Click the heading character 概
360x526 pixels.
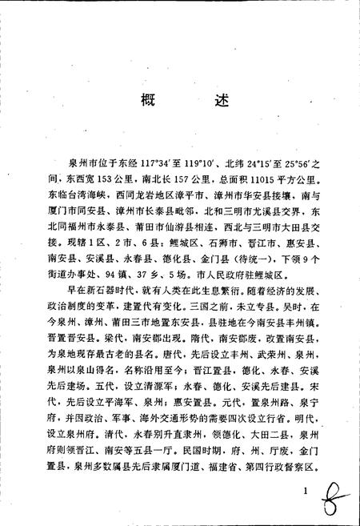pyautogui.click(x=145, y=101)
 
